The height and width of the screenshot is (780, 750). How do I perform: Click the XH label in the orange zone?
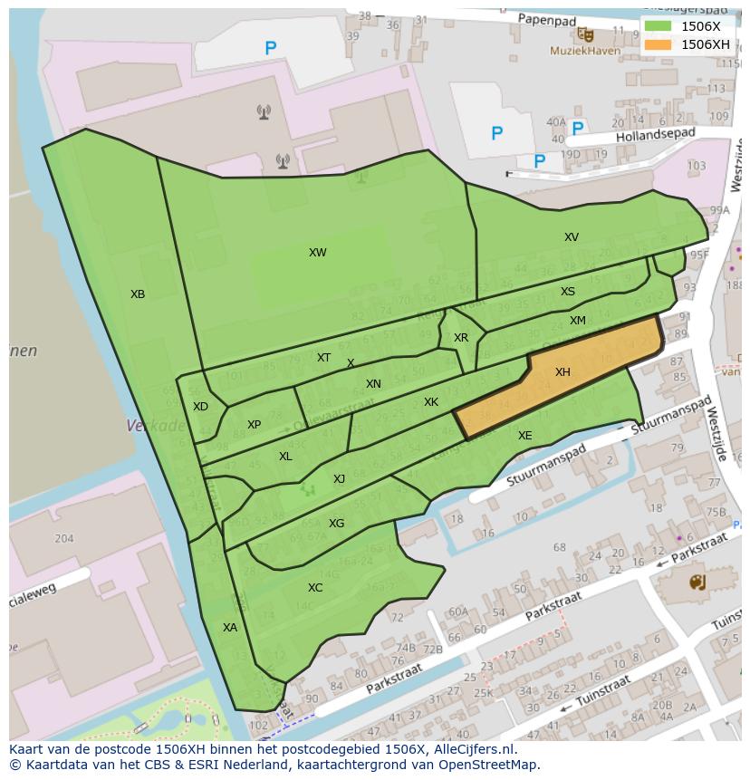(562, 372)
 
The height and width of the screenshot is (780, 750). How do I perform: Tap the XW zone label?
(317, 253)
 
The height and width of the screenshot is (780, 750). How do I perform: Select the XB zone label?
(138, 294)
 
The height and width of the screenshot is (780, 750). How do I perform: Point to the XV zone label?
(571, 237)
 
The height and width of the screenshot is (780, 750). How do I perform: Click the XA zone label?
(230, 627)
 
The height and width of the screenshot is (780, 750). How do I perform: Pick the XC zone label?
(314, 588)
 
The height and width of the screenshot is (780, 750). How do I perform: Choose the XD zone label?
(200, 407)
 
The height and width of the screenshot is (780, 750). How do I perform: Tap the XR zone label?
(461, 338)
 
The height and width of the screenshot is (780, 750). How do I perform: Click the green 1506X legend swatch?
(659, 27)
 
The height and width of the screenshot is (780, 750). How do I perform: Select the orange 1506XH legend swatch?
(659, 44)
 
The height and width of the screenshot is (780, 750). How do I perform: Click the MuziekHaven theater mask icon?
(587, 35)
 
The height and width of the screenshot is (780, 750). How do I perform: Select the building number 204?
(63, 538)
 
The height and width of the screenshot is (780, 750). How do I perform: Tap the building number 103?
(697, 166)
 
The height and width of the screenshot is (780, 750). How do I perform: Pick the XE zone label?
(524, 436)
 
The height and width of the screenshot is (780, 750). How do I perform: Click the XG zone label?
(336, 524)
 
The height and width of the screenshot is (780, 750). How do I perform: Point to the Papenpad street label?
(548, 18)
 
